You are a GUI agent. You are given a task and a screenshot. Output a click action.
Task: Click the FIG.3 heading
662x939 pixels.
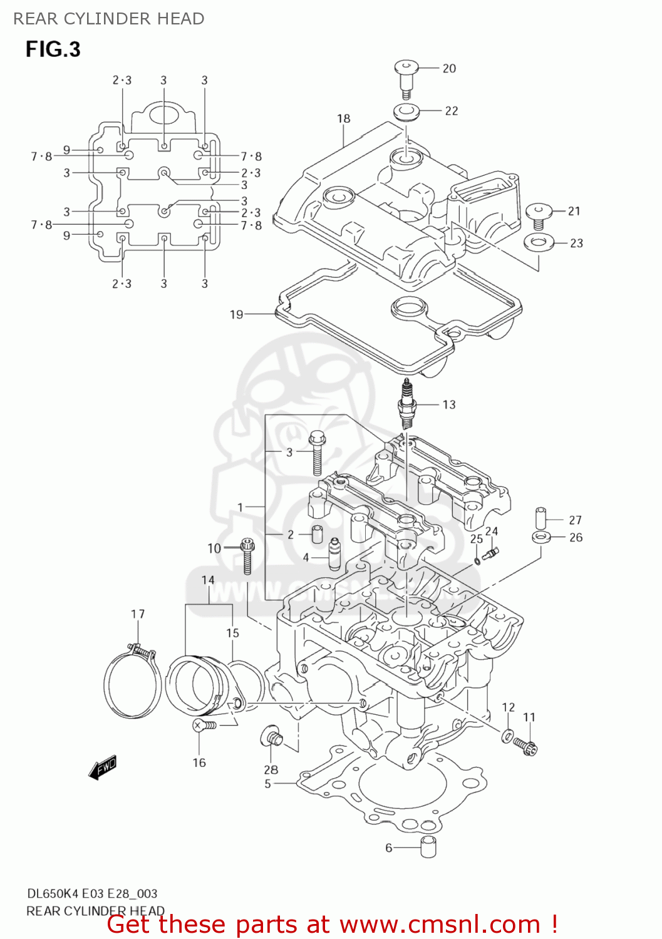[53, 49]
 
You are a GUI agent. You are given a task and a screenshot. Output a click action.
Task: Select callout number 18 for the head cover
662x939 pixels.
[343, 118]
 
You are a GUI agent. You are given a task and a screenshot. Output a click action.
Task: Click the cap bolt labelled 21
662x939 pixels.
[538, 214]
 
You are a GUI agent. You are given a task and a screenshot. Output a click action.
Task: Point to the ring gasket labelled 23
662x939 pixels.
[538, 242]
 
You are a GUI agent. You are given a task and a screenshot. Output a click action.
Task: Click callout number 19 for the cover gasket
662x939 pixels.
[236, 314]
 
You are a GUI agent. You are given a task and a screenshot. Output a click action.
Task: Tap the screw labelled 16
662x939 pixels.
[204, 725]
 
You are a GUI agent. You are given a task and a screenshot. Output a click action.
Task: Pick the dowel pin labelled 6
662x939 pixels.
[428, 846]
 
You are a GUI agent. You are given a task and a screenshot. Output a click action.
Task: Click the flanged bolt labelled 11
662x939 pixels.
[525, 745]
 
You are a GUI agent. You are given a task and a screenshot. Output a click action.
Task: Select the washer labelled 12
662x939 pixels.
[507, 735]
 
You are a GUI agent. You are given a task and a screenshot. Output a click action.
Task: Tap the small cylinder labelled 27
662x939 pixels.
[541, 518]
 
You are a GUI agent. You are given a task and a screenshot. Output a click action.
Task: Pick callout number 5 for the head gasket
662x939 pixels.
[267, 784]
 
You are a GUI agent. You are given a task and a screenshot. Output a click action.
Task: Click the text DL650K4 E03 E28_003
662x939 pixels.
[91, 893]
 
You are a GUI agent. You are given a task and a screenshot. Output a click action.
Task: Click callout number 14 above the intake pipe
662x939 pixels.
[208, 580]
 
